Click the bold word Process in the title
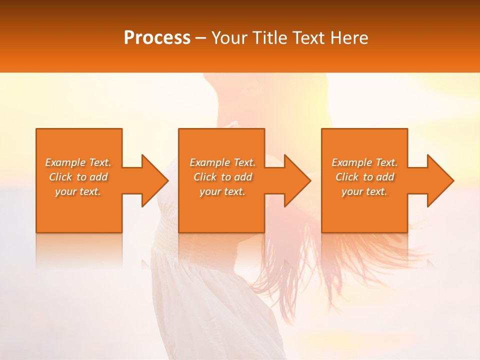[157, 38]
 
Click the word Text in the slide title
[308, 38]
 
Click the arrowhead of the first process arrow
[155, 180]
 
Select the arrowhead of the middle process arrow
[297, 180]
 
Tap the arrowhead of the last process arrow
[440, 180]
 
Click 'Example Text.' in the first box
[78, 162]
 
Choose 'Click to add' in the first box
[78, 177]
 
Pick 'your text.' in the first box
[78, 191]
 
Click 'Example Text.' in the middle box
[222, 162]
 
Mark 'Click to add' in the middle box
[222, 177]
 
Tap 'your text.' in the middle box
[222, 191]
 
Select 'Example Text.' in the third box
[364, 162]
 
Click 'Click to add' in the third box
[364, 177]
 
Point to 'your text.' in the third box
[364, 191]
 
